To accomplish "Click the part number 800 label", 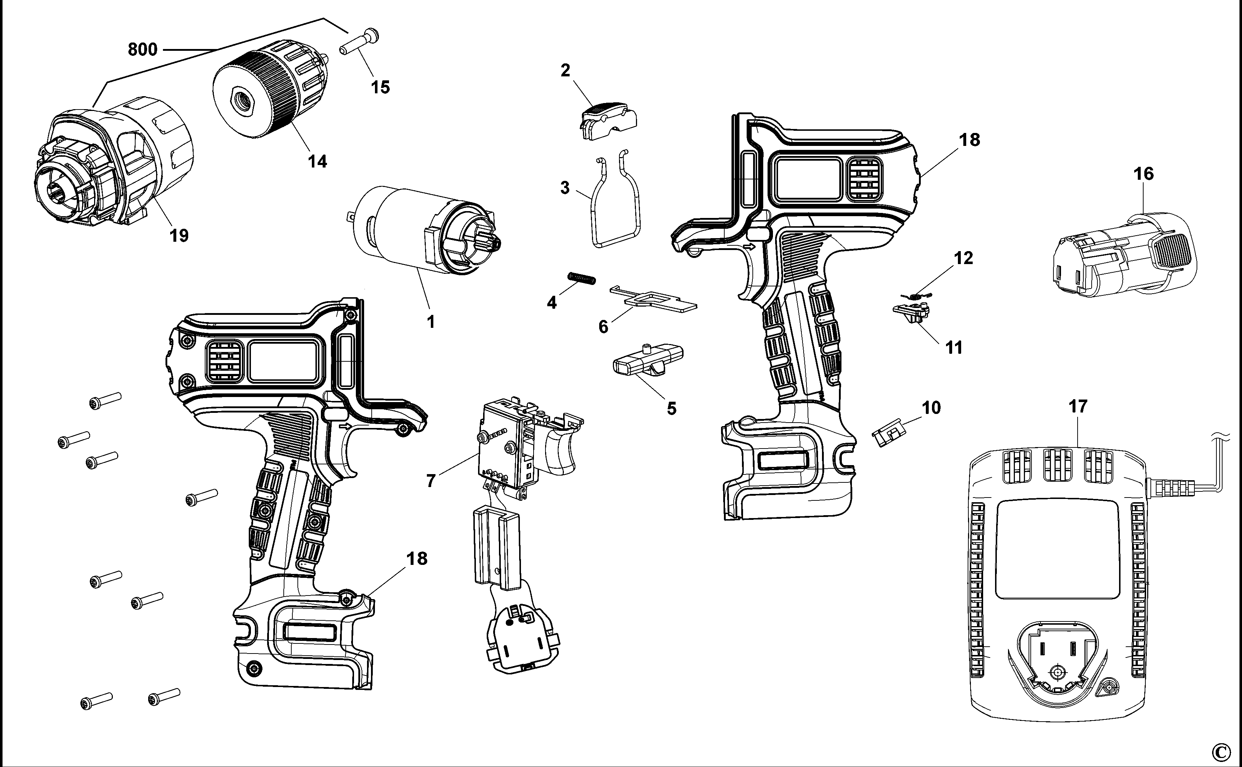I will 143,50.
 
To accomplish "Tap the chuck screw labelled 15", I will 359,44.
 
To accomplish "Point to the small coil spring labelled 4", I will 582,278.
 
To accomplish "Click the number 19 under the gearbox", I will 179,235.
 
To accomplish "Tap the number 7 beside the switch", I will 430,480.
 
